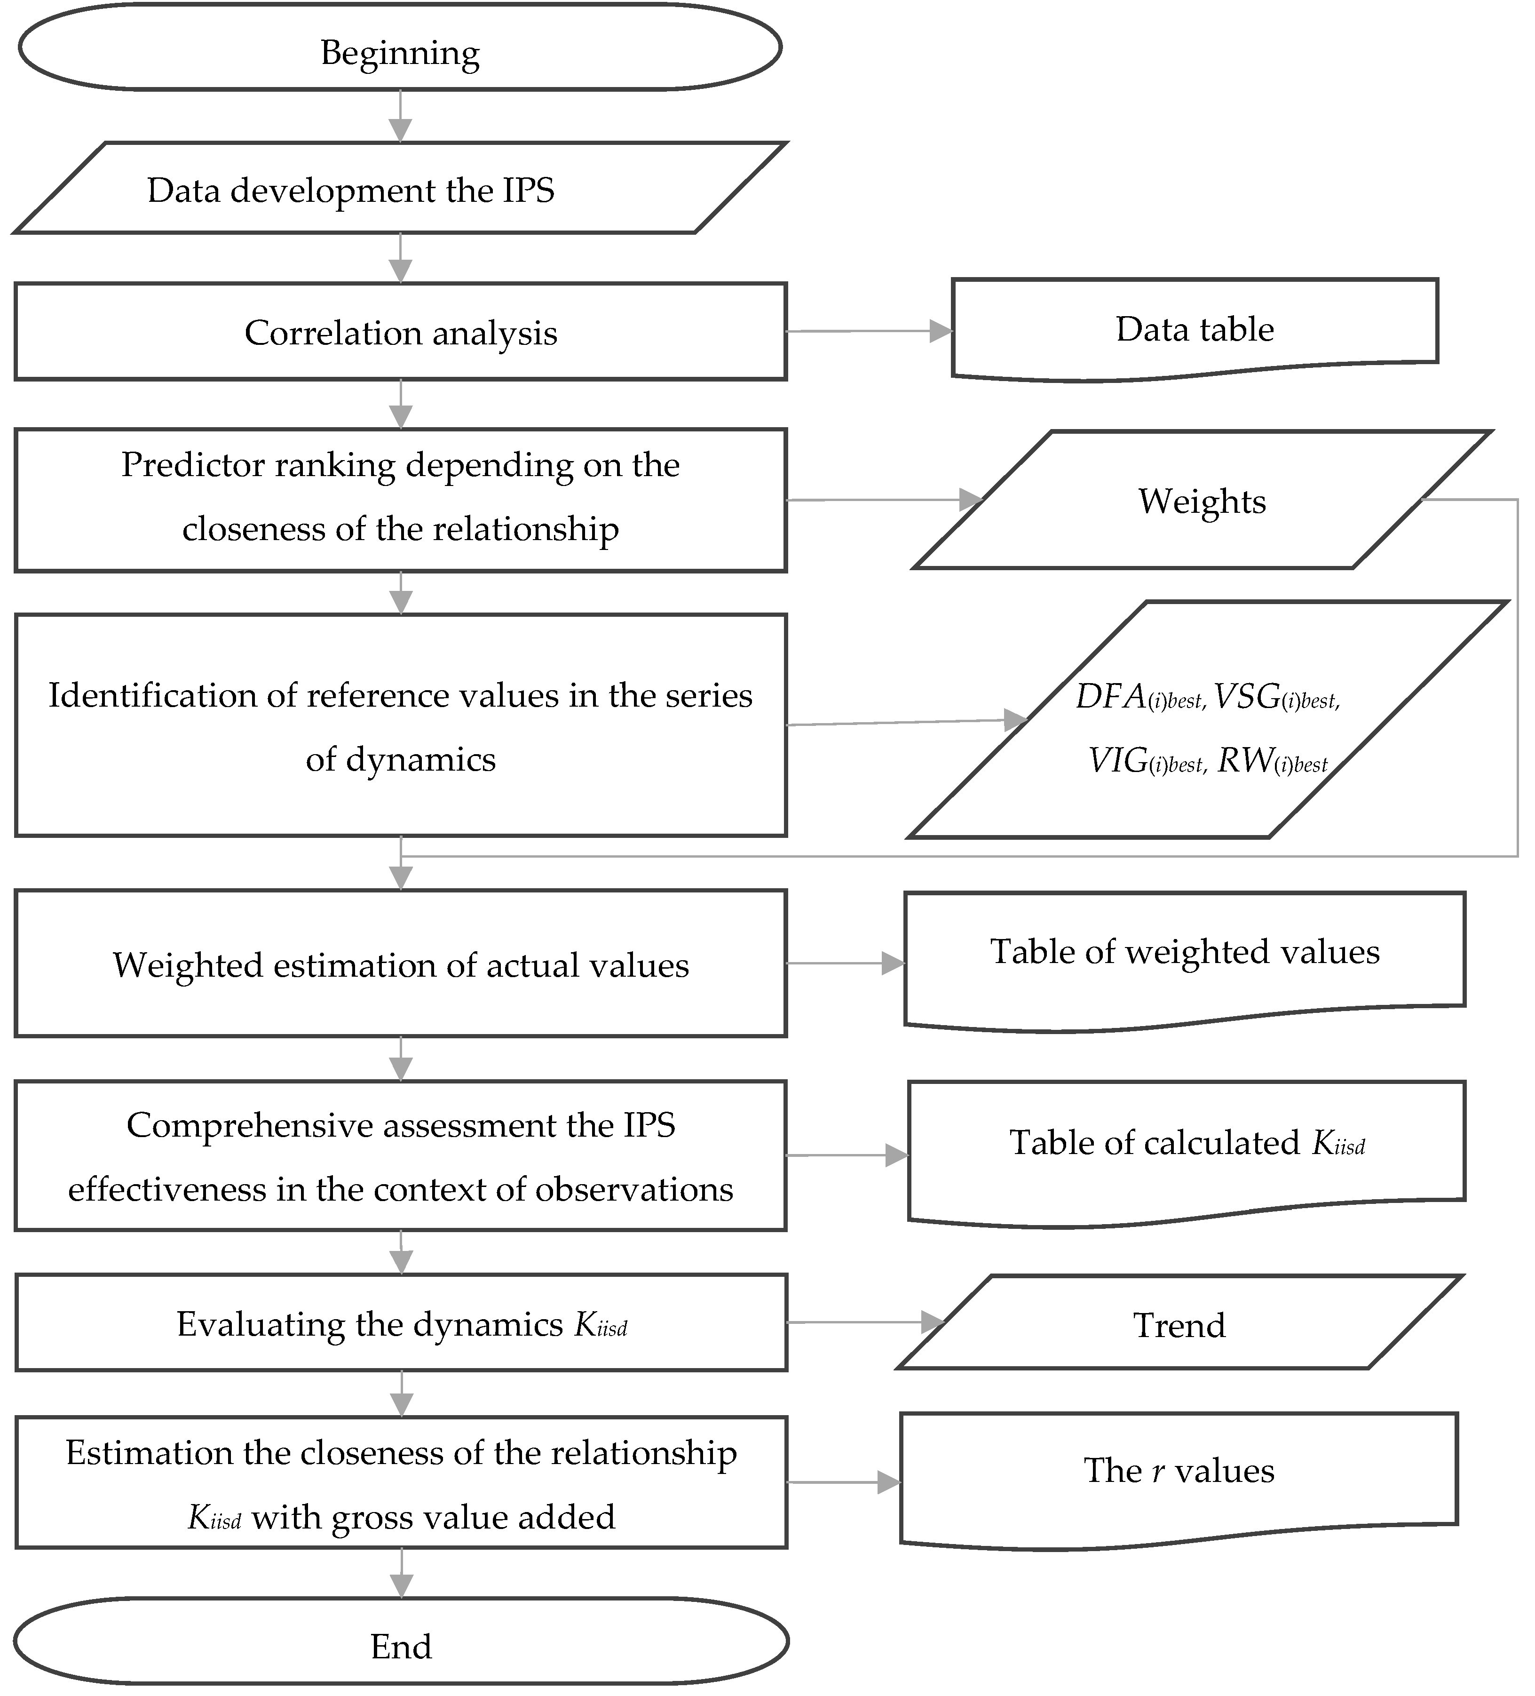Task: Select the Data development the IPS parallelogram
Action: coord(400,189)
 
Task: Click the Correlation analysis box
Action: coord(400,332)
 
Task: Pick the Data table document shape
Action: coord(1195,328)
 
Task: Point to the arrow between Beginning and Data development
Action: coord(400,116)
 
